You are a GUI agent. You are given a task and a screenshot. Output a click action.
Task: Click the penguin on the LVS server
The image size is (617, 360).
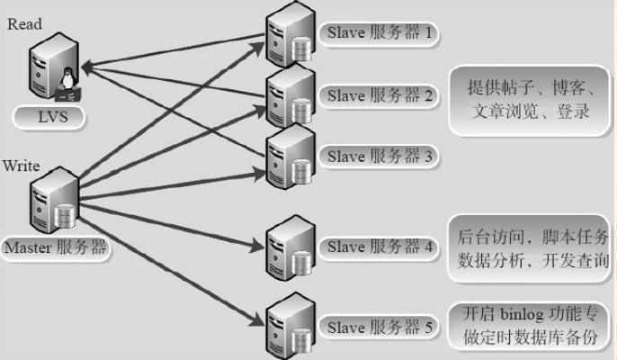pos(68,78)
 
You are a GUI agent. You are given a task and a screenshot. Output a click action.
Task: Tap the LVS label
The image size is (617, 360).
pos(49,117)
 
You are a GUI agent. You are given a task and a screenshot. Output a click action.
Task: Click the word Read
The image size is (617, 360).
pos(24,24)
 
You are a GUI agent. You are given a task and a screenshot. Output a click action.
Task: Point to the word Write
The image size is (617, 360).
pos(22,166)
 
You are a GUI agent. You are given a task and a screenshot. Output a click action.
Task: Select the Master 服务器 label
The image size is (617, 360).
pos(56,247)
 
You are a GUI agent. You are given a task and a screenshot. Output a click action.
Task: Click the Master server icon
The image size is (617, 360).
pos(55,200)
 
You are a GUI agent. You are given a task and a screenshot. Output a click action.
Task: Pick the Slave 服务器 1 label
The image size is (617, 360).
pos(379,33)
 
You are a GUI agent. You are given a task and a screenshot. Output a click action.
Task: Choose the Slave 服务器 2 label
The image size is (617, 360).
pos(379,95)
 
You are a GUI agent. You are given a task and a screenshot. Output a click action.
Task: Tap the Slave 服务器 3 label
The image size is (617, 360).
pos(379,157)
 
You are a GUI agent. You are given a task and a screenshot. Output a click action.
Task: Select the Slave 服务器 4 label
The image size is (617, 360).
pos(379,247)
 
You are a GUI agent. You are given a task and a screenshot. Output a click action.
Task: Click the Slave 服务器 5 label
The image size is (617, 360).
pos(379,328)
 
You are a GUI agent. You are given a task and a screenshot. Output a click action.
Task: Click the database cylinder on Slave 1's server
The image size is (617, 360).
pos(302,49)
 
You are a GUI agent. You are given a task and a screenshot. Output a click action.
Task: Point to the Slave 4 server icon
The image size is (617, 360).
pos(291,247)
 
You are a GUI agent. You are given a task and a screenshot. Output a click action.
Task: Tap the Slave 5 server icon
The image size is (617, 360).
pos(291,326)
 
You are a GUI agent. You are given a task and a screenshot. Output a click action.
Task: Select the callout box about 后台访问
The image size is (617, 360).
pos(530,248)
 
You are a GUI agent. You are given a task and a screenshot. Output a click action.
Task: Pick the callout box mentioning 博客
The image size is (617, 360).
pos(530,101)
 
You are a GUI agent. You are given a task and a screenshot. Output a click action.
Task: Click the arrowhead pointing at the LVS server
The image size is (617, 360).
pos(88,67)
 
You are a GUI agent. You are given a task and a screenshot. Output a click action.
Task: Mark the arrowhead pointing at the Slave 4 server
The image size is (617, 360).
pos(256,247)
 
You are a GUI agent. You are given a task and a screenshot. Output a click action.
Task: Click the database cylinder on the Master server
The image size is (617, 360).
pos(65,216)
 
